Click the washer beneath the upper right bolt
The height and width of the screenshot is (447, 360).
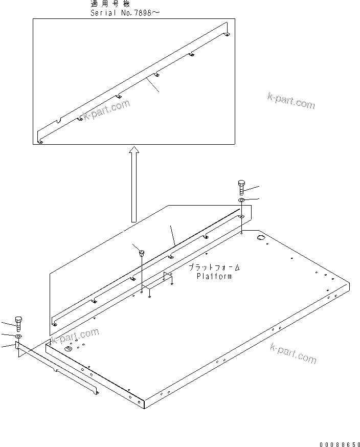coord(242,200)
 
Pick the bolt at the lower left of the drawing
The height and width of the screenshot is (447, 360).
coord(19,323)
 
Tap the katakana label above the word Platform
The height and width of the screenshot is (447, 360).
coord(214,268)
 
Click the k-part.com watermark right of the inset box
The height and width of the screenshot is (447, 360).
coord(291,101)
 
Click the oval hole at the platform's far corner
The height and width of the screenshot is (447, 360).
coord(261,238)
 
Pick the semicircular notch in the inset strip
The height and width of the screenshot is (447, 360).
coord(60,121)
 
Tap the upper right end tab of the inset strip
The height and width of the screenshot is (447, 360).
coord(227,31)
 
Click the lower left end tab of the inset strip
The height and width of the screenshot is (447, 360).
coord(40,139)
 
